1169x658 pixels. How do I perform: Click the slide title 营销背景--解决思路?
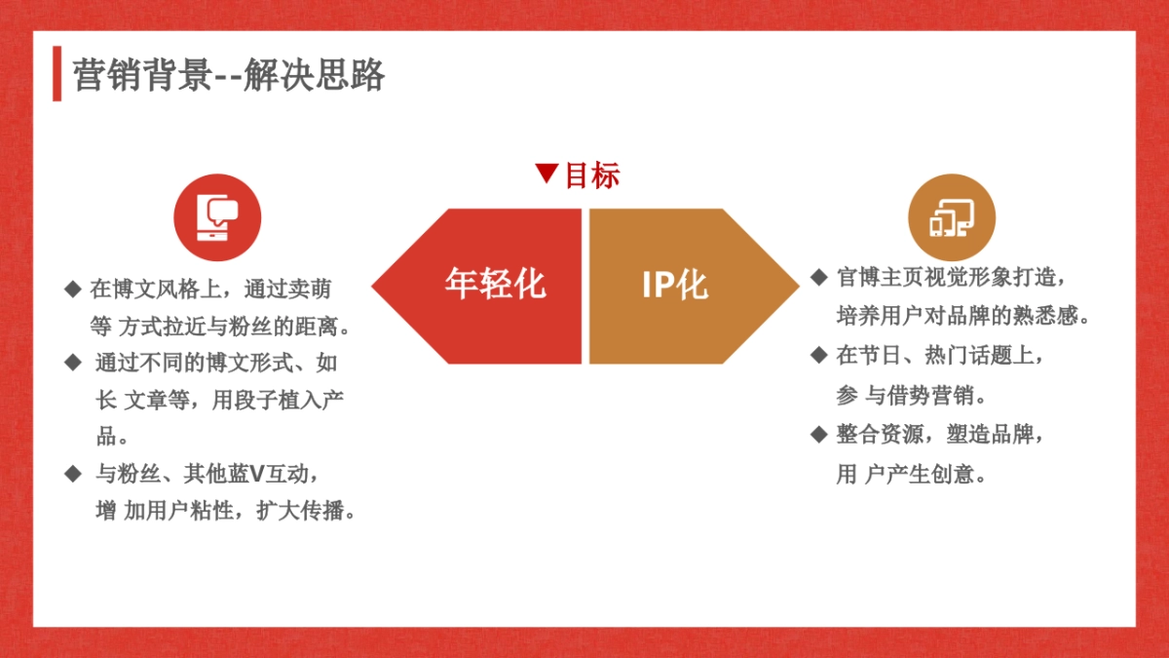tap(229, 75)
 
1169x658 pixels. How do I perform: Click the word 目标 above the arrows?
tap(592, 175)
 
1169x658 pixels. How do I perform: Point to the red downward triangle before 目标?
tap(547, 174)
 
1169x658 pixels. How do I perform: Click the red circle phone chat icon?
tap(217, 217)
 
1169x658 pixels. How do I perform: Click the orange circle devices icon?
tap(952, 217)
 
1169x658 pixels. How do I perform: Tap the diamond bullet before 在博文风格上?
tap(71, 289)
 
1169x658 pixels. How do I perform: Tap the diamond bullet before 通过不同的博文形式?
tap(71, 363)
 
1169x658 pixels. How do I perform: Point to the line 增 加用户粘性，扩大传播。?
tap(224, 511)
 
